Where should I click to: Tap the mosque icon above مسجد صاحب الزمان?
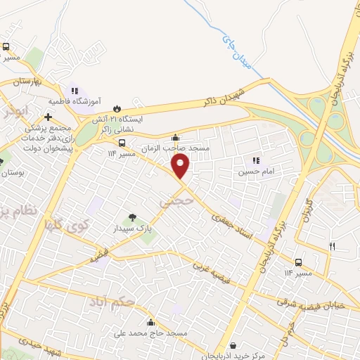click(x=175, y=138)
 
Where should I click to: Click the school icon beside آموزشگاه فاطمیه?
click(x=74, y=91)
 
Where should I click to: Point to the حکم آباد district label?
click(x=112, y=302)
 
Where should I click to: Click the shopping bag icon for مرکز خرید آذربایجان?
click(x=233, y=345)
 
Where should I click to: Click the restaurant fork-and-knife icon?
click(x=332, y=246)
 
